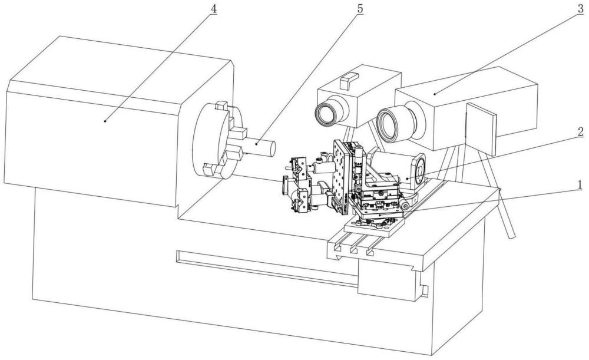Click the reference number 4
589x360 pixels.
coord(213,9)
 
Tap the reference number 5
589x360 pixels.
coord(360,9)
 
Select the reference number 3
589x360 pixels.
coord(581,9)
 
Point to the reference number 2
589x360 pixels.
coord(580,132)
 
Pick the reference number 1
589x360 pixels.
coord(580,185)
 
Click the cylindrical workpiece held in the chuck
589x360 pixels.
coord(259,147)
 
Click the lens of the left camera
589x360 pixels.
coord(325,113)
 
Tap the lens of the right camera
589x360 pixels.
coord(391,124)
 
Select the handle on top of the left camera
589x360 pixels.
coord(349,80)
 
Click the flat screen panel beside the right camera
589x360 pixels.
coord(481,128)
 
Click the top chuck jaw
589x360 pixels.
coord(221,105)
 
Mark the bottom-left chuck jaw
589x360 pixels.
coord(209,170)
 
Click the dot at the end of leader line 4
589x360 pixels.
coord(105,121)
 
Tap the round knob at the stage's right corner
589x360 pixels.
coord(405,205)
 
